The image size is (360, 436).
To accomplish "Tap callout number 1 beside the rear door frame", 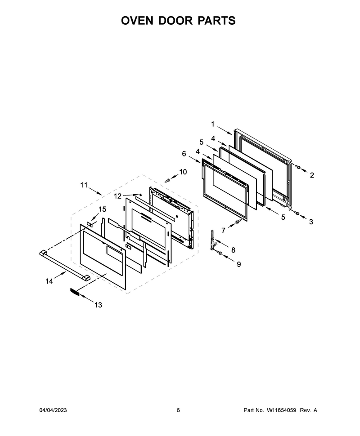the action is pyautogui.click(x=213, y=124).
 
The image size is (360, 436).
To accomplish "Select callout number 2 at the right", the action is pyautogui.click(x=312, y=175).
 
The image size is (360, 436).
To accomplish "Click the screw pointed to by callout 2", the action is pyautogui.click(x=297, y=167).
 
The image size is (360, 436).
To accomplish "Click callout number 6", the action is pyautogui.click(x=184, y=153).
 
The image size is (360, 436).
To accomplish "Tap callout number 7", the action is pyautogui.click(x=223, y=230).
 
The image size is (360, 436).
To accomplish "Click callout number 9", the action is pyautogui.click(x=239, y=264).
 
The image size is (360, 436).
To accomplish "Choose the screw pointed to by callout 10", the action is pyautogui.click(x=167, y=181).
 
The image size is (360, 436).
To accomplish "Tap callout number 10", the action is pyautogui.click(x=183, y=172).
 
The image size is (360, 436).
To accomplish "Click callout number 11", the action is pyautogui.click(x=84, y=185).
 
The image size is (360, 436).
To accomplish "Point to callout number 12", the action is pyautogui.click(x=117, y=196).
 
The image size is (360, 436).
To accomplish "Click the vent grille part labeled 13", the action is pyautogui.click(x=74, y=292).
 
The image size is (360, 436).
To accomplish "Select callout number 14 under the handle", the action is pyautogui.click(x=49, y=281).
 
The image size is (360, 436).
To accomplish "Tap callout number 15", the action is pyautogui.click(x=102, y=209).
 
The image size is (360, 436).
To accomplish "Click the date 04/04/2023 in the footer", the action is pyautogui.click(x=53, y=410).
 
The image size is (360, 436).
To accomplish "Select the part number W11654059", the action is pyautogui.click(x=282, y=410).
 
